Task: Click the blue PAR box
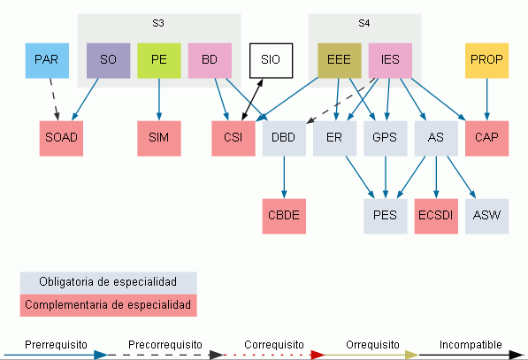(x=47, y=61)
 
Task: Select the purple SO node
(x=109, y=61)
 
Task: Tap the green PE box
(x=159, y=61)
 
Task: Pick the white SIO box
(x=271, y=61)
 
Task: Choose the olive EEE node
(x=340, y=61)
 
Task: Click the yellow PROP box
(x=487, y=61)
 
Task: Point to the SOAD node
(x=61, y=138)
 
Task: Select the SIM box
(x=159, y=138)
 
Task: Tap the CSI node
(x=233, y=138)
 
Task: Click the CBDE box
(x=284, y=216)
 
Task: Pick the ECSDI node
(x=436, y=216)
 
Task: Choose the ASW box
(x=487, y=216)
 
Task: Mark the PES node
(x=386, y=216)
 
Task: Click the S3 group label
(x=158, y=23)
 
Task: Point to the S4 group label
(x=364, y=23)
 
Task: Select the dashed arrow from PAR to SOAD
(x=54, y=100)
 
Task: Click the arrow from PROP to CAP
(x=487, y=100)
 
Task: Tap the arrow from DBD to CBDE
(x=284, y=178)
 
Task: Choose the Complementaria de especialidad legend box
(x=109, y=305)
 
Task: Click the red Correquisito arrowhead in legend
(x=318, y=355)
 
